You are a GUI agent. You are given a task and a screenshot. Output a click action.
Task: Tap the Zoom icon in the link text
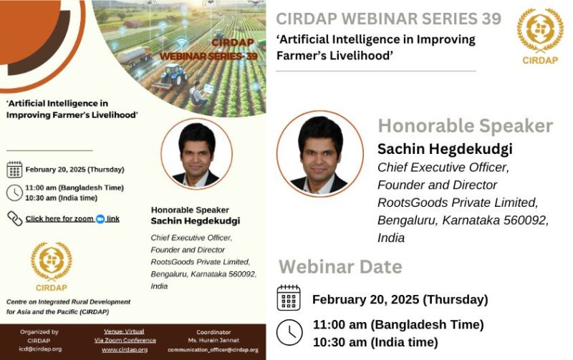pyautogui.click(x=100, y=219)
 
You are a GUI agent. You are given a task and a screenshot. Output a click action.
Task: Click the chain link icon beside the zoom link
pyautogui.click(x=15, y=219)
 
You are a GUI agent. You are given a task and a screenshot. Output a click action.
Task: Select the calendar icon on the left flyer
pyautogui.click(x=14, y=170)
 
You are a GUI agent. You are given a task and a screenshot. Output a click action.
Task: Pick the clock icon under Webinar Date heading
pyautogui.click(x=289, y=333)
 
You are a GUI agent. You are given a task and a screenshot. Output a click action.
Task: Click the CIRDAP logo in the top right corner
pyautogui.click(x=540, y=36)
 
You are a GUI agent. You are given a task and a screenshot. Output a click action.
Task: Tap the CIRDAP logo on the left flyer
pyautogui.click(x=52, y=266)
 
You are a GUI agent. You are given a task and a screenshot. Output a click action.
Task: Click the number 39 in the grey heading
pyautogui.click(x=491, y=19)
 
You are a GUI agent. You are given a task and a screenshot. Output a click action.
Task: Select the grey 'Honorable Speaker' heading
pyautogui.click(x=465, y=126)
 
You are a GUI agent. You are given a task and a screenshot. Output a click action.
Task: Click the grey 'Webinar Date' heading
pyautogui.click(x=340, y=267)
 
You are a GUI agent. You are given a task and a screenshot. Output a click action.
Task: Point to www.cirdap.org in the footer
pyautogui.click(x=125, y=350)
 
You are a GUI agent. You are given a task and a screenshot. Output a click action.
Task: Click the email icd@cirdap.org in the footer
pyautogui.click(x=40, y=349)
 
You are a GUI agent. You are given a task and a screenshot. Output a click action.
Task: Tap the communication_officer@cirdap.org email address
pyautogui.click(x=213, y=350)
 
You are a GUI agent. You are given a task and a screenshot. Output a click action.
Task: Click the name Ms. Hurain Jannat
pyautogui.click(x=213, y=340)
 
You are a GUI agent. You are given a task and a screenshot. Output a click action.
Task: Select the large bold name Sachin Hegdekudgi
pyautogui.click(x=445, y=149)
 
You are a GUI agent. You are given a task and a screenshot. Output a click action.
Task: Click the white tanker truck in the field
pyautogui.click(x=134, y=56)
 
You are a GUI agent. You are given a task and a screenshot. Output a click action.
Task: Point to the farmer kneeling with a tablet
pyautogui.click(x=199, y=94)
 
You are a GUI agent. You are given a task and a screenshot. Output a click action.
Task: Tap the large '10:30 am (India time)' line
pyautogui.click(x=375, y=343)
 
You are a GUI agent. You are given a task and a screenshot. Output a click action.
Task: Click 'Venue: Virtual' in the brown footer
pyautogui.click(x=124, y=331)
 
